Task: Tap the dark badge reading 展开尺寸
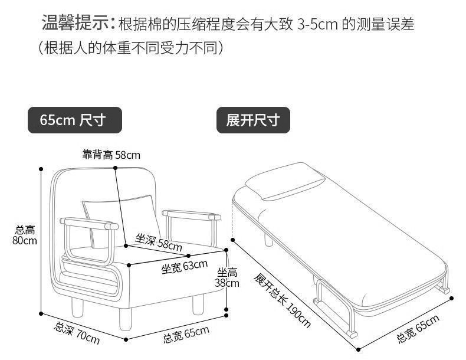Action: coord(253,120)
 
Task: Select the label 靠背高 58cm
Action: coord(111,155)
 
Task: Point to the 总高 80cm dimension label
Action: coord(25,235)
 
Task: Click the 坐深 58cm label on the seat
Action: coord(159,241)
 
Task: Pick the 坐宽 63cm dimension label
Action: coord(185,267)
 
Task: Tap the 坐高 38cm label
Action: coord(228,277)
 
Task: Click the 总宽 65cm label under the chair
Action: coord(186,335)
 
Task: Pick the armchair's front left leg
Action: coord(124,319)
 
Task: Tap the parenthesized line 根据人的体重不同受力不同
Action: coord(131,48)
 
